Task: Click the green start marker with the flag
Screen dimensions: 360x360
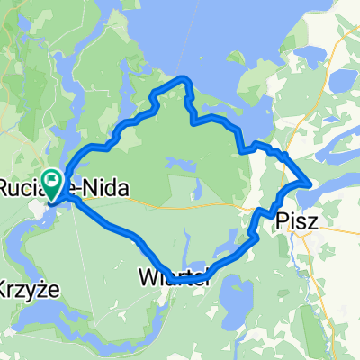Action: (x=51, y=183)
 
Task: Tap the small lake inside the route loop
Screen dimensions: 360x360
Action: (x=180, y=166)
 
